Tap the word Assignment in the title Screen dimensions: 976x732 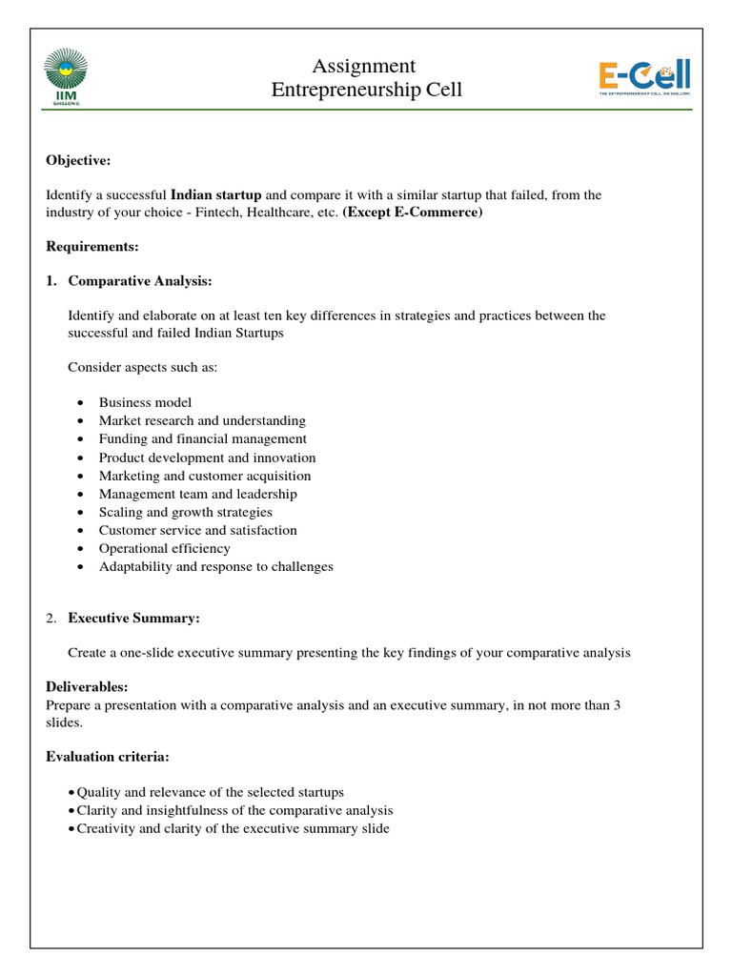tap(365, 66)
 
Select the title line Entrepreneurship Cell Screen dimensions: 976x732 tap(366, 91)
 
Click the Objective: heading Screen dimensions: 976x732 tap(79, 161)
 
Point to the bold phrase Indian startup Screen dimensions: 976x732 tap(215, 194)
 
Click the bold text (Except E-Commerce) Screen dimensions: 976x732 tap(413, 213)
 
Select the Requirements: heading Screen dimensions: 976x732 tap(92, 247)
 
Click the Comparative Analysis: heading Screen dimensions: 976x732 tap(140, 281)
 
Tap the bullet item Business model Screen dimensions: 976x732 tap(145, 402)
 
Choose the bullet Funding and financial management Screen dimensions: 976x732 tap(202, 438)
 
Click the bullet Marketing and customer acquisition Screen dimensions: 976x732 tap(204, 476)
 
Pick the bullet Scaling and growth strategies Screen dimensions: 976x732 tap(185, 512)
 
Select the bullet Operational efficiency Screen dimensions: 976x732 tap(164, 548)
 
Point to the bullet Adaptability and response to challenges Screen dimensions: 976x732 tap(215, 566)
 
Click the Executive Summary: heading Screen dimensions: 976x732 tap(133, 619)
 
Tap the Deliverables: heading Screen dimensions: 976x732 tap(87, 687)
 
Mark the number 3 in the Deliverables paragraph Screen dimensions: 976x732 tap(618, 705)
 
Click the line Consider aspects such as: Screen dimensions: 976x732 tap(143, 368)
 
